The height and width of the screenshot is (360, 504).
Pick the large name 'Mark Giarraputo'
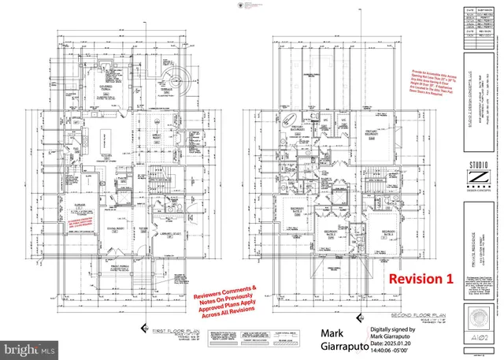329,339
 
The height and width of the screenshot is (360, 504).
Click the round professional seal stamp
481,323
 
